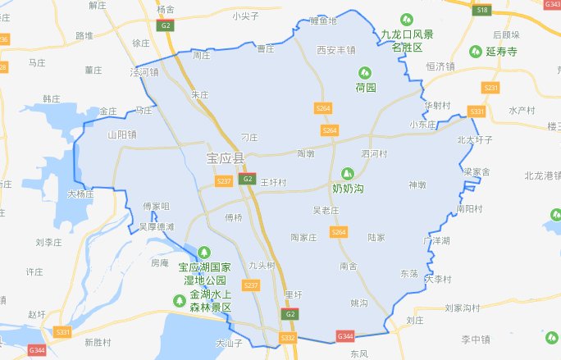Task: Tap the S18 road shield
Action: (483, 10)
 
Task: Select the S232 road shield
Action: (287, 337)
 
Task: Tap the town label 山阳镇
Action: (121, 134)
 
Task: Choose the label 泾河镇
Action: (144, 73)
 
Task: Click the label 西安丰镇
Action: (336, 50)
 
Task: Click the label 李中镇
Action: (474, 339)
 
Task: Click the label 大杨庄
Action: (81, 194)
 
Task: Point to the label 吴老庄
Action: (326, 211)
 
